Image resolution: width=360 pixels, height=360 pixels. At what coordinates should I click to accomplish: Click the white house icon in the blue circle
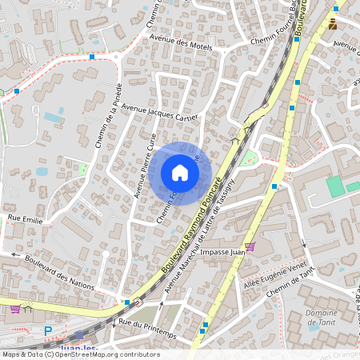[x=180, y=173]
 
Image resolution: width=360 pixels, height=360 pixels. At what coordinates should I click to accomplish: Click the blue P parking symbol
[x=47, y=330]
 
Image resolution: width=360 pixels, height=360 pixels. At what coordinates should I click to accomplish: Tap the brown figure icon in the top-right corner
[x=333, y=24]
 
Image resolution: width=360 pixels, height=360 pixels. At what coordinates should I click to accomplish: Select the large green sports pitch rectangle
[x=335, y=186]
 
